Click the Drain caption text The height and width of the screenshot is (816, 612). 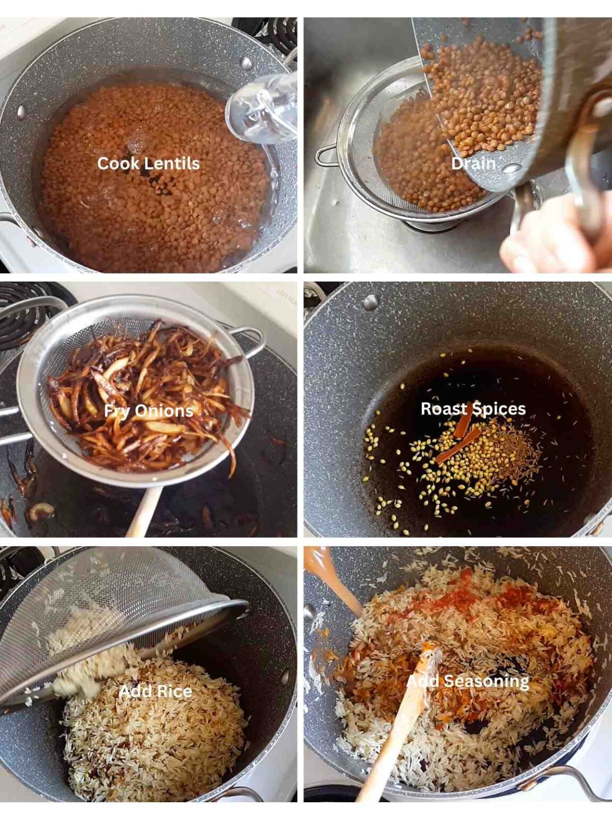click(473, 163)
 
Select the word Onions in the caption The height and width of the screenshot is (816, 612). click(164, 411)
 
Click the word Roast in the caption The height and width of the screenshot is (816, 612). click(443, 409)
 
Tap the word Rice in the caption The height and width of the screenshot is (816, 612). click(174, 691)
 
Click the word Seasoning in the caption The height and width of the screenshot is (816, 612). click(486, 681)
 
